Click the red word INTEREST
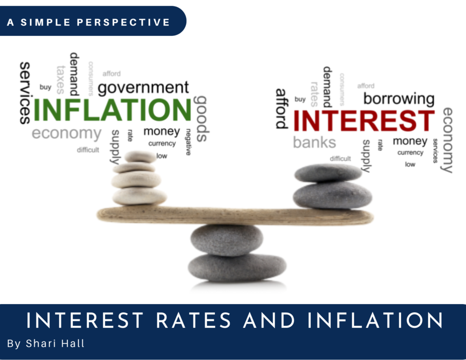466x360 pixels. tap(364, 121)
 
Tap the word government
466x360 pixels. tap(143, 87)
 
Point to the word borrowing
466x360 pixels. tap(399, 98)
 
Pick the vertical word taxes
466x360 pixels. tap(61, 79)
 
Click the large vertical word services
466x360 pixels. tap(25, 93)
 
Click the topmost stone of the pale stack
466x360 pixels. tap(140, 157)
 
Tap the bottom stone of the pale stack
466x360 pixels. tap(139, 196)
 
